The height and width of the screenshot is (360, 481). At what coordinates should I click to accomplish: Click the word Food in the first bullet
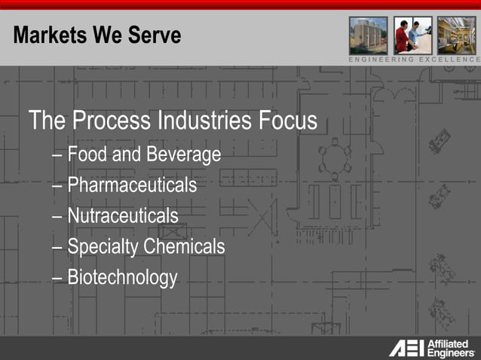[x=85, y=154]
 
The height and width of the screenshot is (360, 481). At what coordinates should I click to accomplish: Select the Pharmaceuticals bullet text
[x=132, y=185]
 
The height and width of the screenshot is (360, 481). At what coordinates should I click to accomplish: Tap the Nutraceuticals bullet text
[x=123, y=216]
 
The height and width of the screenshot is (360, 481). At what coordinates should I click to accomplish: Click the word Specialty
[x=103, y=246]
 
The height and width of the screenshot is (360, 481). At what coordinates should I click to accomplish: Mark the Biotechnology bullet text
[x=122, y=277]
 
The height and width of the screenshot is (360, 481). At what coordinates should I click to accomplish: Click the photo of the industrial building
[x=368, y=35]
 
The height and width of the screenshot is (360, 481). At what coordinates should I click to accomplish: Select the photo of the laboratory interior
[x=457, y=35]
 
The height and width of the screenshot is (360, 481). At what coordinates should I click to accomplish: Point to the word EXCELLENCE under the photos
[x=449, y=59]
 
